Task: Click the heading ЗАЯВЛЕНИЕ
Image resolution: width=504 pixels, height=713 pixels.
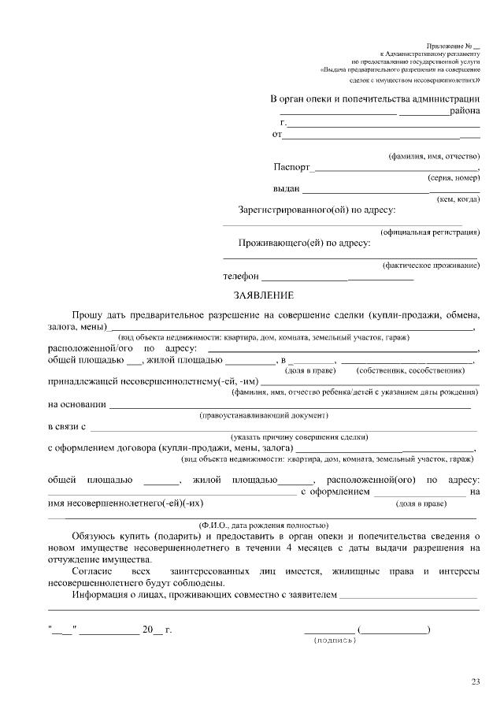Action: point(263,295)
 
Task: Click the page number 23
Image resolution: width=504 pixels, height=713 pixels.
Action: point(476,681)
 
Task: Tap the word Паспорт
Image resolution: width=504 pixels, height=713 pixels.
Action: point(292,167)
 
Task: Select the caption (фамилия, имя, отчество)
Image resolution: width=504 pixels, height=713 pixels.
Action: point(434,157)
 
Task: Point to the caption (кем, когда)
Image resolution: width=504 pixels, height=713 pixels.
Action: point(458,199)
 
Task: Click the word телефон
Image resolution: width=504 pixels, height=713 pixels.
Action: point(241,277)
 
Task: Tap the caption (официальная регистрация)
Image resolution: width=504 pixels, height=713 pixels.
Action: point(430,232)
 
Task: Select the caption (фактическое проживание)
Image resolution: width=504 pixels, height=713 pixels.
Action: point(430,266)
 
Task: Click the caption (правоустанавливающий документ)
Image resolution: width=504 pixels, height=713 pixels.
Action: point(263,414)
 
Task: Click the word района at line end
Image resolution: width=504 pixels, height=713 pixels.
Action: point(465,112)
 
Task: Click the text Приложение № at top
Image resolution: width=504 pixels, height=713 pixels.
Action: point(450,48)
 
